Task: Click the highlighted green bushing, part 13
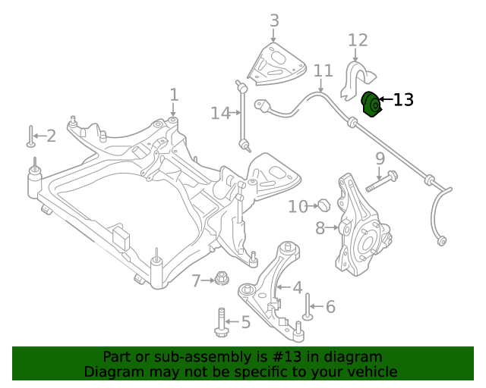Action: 371,105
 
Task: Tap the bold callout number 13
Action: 403,100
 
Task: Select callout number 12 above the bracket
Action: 358,40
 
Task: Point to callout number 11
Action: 323,70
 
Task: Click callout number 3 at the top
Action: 274,20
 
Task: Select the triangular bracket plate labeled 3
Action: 276,64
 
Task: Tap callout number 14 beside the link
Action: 220,113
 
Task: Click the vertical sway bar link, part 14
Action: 243,116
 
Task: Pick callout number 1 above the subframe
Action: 175,95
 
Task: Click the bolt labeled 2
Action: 30,136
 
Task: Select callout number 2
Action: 52,136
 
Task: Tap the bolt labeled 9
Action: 381,181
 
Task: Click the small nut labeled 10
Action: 324,205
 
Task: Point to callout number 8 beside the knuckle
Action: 320,228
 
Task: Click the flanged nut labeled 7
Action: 221,278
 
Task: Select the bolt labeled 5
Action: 221,322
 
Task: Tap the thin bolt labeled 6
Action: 307,307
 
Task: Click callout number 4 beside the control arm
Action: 298,288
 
